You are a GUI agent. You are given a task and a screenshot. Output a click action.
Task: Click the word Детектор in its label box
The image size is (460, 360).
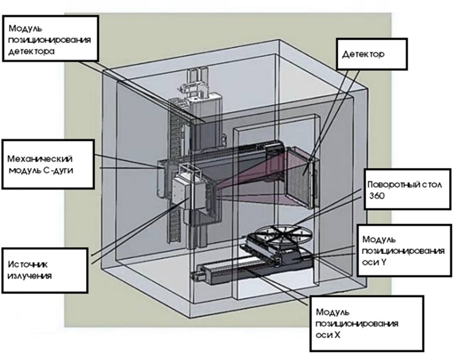click(x=361, y=53)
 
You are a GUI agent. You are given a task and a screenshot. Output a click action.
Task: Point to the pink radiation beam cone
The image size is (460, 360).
click(x=248, y=176)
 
